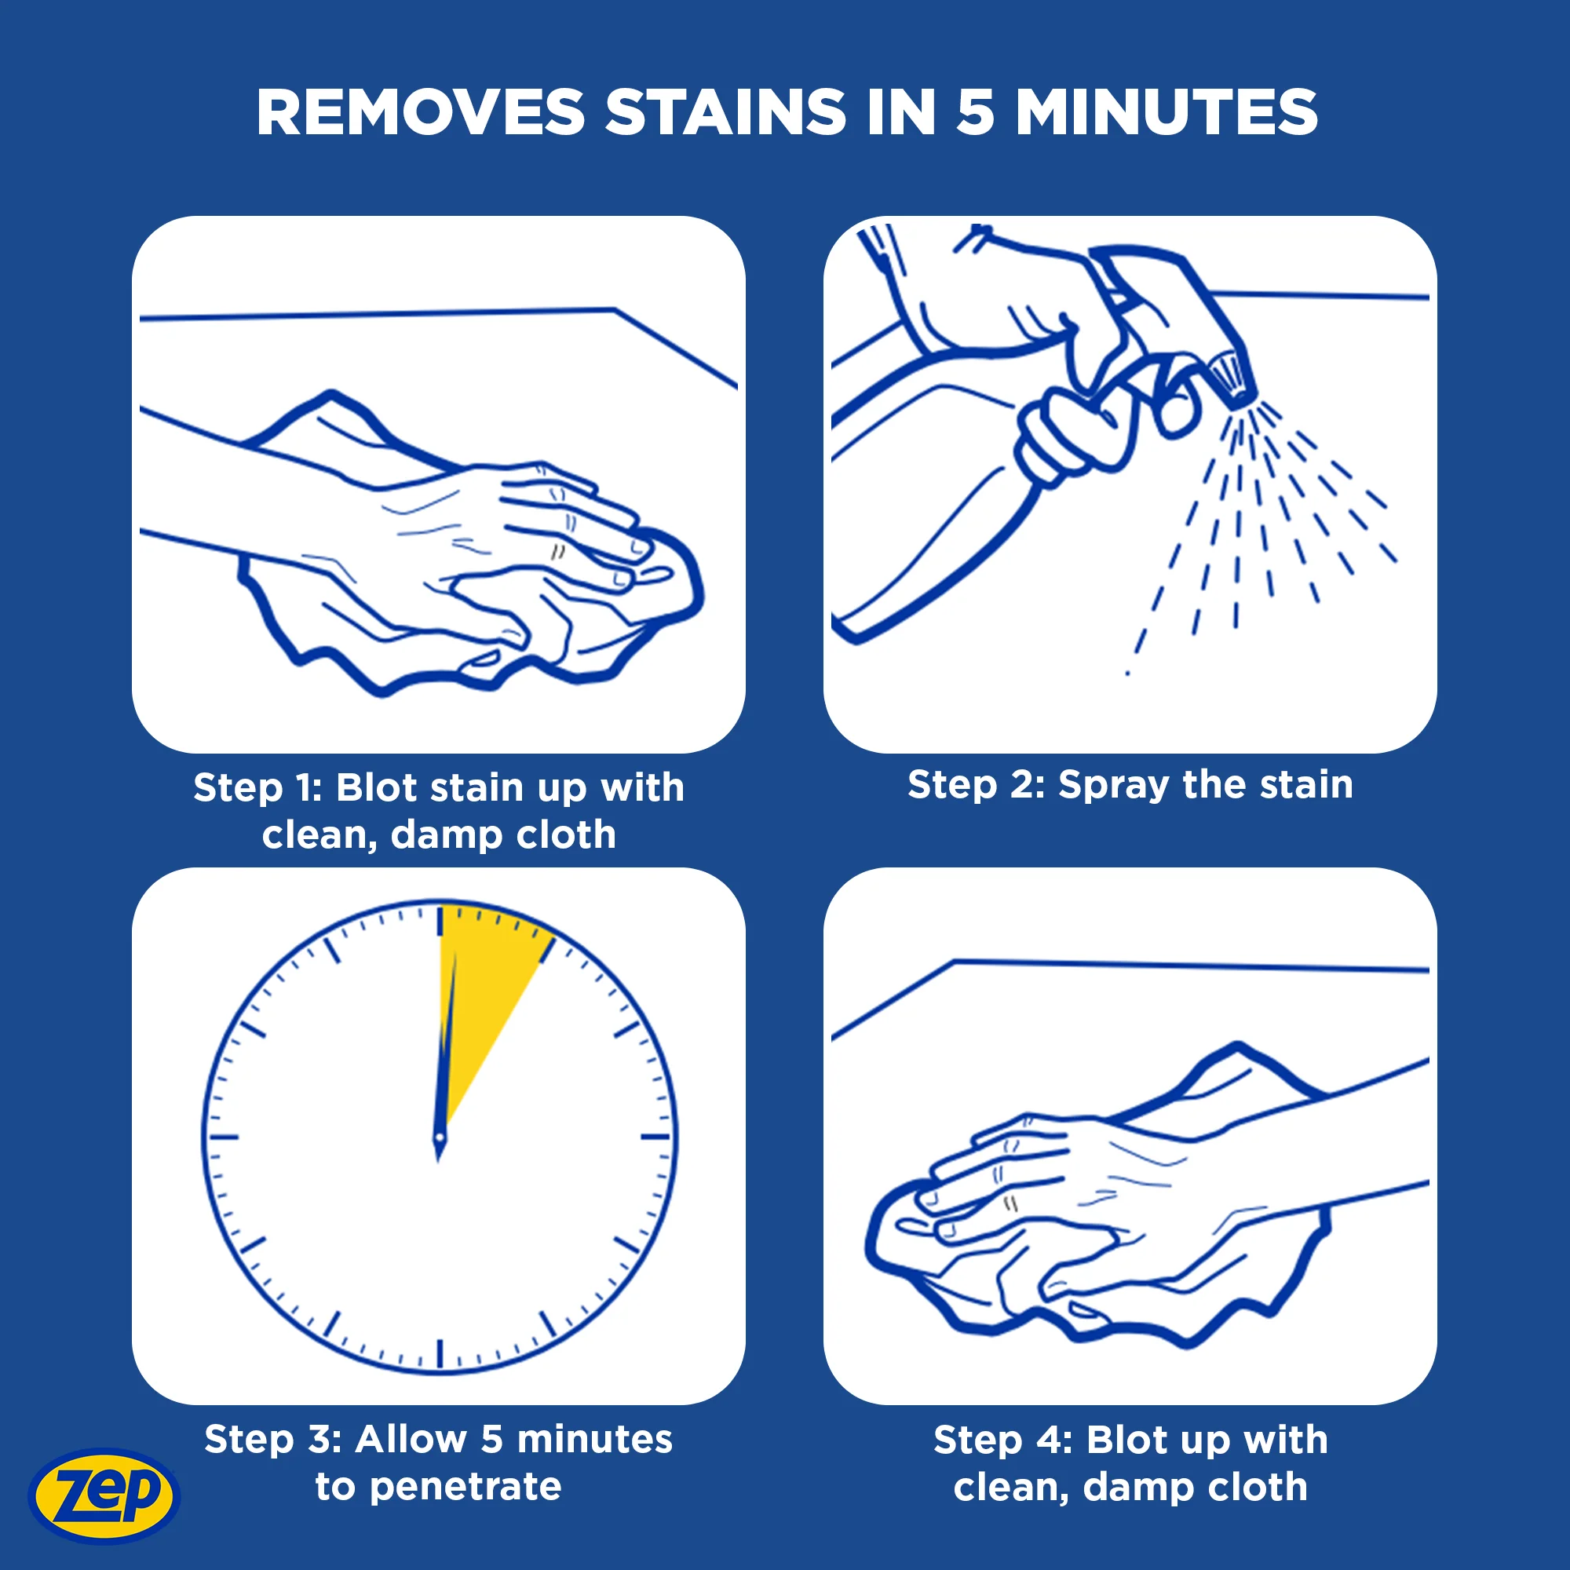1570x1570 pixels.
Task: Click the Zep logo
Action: tap(104, 1495)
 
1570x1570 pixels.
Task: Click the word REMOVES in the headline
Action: tap(421, 112)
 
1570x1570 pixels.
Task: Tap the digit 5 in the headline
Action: tap(975, 112)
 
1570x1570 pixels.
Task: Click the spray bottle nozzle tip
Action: tap(1229, 382)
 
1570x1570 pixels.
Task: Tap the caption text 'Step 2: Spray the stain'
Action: tap(1130, 785)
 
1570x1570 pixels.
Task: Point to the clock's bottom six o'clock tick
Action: tap(440, 1353)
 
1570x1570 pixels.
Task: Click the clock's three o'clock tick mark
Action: tap(655, 1136)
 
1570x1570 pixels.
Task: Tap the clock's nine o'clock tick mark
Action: tap(224, 1136)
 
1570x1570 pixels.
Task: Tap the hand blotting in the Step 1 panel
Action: tap(504, 553)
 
